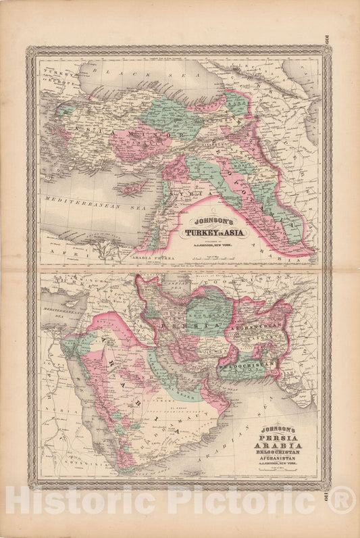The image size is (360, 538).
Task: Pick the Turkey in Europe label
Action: point(54,74)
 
